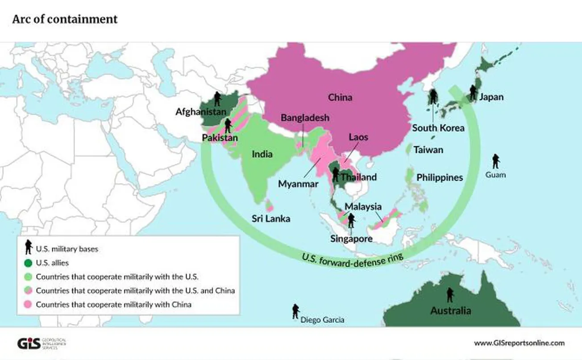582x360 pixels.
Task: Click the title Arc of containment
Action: tap(65, 19)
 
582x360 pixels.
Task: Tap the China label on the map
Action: tap(340, 97)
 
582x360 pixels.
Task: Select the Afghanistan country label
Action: tap(200, 112)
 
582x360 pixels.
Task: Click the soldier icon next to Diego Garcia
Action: tap(295, 311)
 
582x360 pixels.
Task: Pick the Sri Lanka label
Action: tap(270, 218)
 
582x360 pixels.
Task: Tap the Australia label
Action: tap(450, 310)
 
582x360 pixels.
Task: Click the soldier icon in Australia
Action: tap(450, 294)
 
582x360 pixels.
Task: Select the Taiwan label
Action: tap(428, 150)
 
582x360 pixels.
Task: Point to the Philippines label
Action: tap(440, 177)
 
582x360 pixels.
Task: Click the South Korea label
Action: tap(438, 128)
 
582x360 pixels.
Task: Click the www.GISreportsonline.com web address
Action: tap(519, 343)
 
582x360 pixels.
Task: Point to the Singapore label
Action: tap(351, 239)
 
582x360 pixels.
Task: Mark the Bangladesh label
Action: tap(305, 117)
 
